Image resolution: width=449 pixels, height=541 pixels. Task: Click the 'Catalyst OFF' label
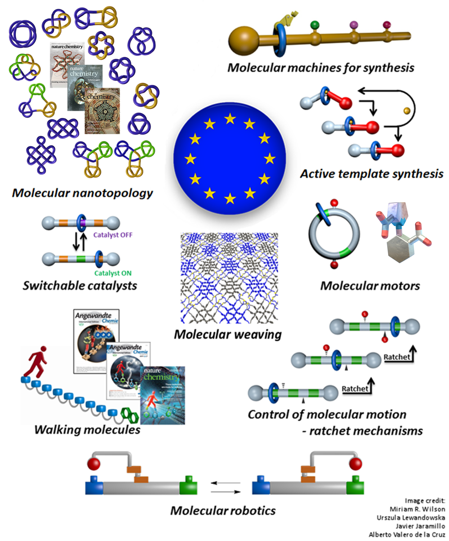pos(113,235)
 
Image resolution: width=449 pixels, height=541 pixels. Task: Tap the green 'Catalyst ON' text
pos(113,273)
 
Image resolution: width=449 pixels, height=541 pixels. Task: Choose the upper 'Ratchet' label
pos(397,357)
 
